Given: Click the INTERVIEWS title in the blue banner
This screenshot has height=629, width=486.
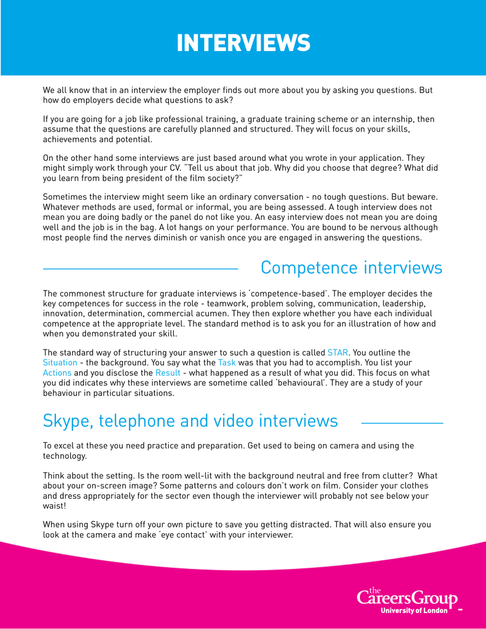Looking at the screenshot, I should pos(243,44).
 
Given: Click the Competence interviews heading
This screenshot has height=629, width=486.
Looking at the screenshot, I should pos(351,268).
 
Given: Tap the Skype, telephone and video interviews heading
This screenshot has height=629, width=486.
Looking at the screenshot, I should pos(190,421).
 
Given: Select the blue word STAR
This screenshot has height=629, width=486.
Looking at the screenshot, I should pos(338,353).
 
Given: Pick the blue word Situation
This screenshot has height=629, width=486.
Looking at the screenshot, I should pos(60,363).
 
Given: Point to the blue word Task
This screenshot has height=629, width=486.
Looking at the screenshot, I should pos(227,363).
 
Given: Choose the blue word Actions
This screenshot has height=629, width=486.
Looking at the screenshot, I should pos(57,373).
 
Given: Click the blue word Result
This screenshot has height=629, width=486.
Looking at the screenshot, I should pos(168,373).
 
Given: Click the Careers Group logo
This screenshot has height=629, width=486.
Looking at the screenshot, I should pos(407,597).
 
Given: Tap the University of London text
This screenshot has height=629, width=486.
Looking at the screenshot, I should pos(414,611).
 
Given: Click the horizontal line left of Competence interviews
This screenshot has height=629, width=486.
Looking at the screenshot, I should pos(140,269).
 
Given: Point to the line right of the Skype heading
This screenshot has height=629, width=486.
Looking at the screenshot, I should pos(402,423).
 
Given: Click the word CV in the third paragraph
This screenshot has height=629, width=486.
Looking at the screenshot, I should pos(173,168).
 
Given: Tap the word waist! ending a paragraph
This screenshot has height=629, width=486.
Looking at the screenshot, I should pos(54,506).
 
